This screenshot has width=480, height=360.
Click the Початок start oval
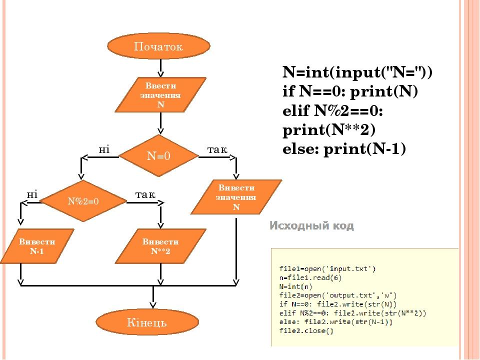(x=158, y=46)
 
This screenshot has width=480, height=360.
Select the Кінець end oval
(x=150, y=322)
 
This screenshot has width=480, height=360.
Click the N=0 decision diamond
(x=159, y=155)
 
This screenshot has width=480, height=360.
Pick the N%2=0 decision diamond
(x=83, y=201)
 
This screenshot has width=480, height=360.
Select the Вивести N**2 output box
(x=160, y=246)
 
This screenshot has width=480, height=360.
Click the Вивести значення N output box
(x=236, y=197)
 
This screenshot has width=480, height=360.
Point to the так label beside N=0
(x=217, y=149)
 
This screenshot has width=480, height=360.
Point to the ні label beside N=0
(x=104, y=149)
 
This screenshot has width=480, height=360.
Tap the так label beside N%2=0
(x=145, y=193)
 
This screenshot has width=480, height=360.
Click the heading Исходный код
(x=312, y=226)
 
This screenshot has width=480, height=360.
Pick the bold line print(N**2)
(x=328, y=130)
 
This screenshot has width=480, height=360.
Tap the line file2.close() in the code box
(x=306, y=330)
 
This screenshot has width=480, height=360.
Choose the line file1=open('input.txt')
(x=327, y=268)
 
